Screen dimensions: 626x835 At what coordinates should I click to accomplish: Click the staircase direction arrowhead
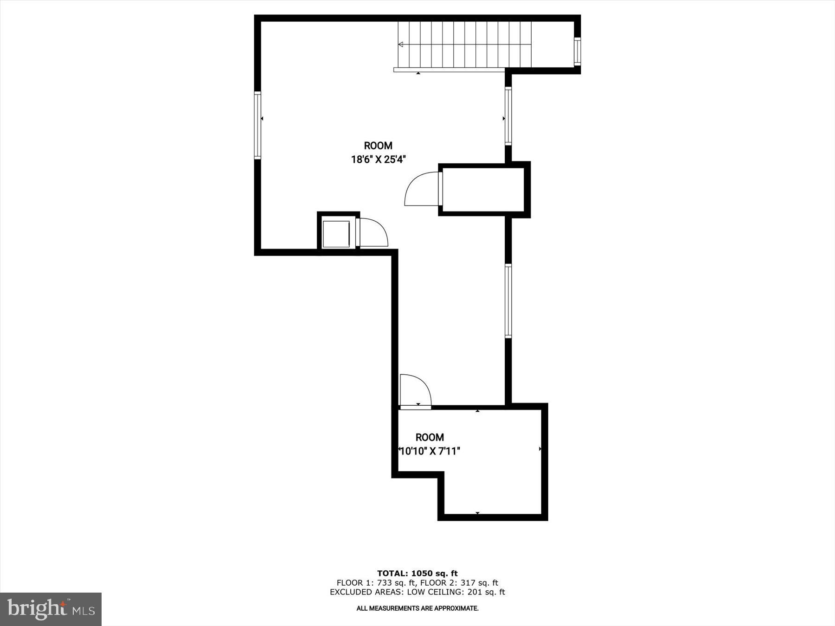tap(400, 45)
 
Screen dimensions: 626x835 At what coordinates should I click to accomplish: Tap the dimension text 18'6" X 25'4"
tap(379, 160)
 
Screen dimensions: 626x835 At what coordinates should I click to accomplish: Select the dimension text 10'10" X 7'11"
tap(430, 451)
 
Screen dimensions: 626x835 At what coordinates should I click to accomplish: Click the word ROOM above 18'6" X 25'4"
tap(378, 146)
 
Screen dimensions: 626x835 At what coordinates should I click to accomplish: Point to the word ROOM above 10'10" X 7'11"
tap(430, 437)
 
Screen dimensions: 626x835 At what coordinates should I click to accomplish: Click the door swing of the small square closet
tap(374, 232)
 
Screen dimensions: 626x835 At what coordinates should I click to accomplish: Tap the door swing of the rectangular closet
tap(421, 189)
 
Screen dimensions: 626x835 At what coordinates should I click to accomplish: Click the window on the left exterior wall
tap(257, 125)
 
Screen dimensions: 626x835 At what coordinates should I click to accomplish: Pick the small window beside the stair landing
tap(577, 51)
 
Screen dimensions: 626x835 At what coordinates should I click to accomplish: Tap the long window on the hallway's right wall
tap(508, 301)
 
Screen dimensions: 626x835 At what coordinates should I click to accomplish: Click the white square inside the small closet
tap(336, 234)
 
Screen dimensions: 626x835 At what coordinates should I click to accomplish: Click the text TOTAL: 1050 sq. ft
tap(417, 574)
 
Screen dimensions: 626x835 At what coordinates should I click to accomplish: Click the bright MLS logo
tap(51, 609)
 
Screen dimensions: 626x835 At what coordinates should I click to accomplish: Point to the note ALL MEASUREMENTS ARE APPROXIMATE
tap(417, 608)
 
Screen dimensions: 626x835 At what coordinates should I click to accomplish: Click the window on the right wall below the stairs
tap(508, 116)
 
